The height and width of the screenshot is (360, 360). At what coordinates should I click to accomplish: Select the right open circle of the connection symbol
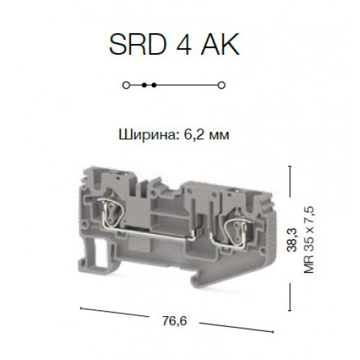point(221,85)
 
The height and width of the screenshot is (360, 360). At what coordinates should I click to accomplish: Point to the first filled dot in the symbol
point(145,85)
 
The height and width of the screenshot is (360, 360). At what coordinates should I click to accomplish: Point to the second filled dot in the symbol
point(153,85)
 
